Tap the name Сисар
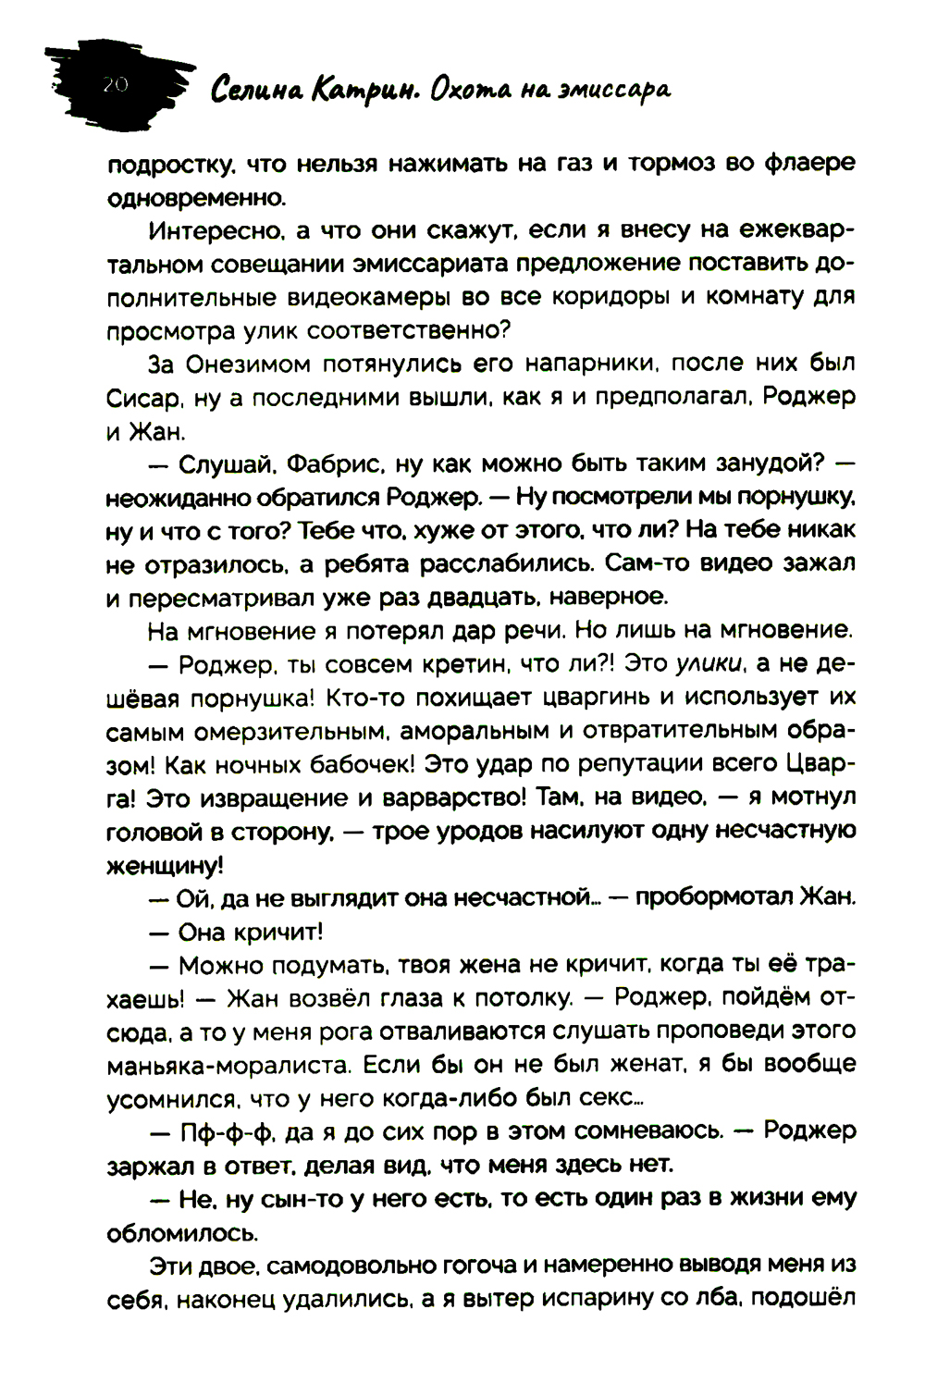pos(137,398)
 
